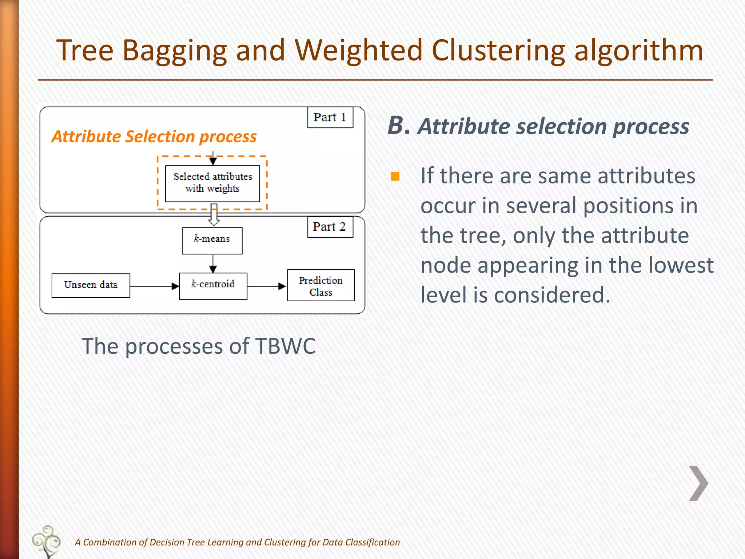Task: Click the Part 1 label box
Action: [330, 117]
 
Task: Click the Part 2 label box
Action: [330, 227]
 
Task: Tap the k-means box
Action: [212, 241]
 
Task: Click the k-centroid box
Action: [213, 286]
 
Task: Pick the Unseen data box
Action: [91, 285]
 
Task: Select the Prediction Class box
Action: [320, 285]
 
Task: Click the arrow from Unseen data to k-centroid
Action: [154, 286]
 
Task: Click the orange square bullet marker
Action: [395, 177]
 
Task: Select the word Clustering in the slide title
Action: [498, 51]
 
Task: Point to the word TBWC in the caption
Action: [285, 346]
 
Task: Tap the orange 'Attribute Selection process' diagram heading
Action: [154, 137]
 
